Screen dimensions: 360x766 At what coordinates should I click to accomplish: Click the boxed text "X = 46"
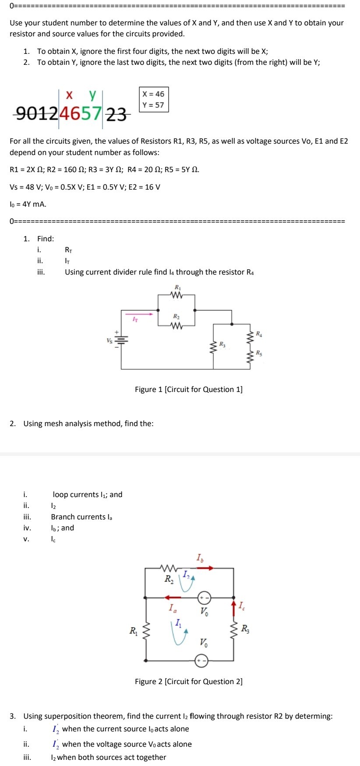[153, 94]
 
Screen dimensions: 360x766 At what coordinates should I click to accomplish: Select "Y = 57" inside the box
[153, 105]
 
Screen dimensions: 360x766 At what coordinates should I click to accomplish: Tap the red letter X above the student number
[69, 95]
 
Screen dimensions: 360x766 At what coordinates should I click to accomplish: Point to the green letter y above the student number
[92, 95]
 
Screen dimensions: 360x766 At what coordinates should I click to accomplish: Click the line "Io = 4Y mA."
[28, 204]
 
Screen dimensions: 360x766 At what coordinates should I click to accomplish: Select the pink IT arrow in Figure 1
[140, 314]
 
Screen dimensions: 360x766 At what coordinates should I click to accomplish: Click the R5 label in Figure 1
[259, 353]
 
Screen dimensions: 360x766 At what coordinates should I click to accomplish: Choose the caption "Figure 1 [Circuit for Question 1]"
[188, 389]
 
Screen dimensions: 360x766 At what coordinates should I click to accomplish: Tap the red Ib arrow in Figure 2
[205, 568]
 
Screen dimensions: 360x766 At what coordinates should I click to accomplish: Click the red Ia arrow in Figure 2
[173, 597]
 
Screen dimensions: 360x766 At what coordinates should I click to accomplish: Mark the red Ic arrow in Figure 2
[233, 607]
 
